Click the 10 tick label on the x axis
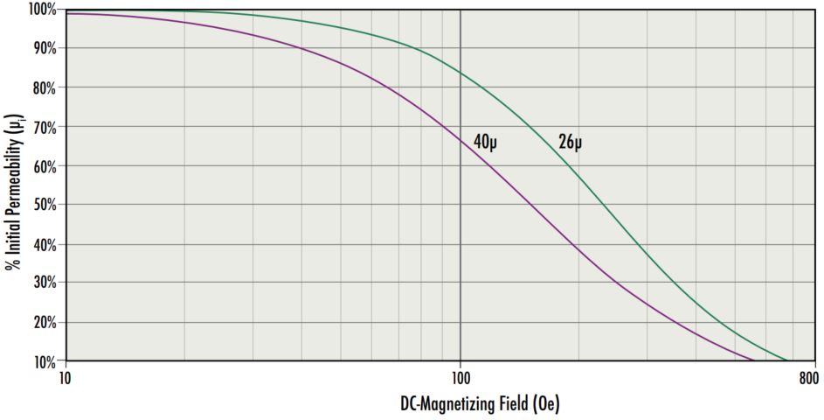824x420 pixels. pyautogui.click(x=65, y=378)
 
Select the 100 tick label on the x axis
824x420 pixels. pyautogui.click(x=460, y=378)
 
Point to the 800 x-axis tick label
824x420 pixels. pyautogui.click(x=808, y=378)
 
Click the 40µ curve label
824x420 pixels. pyautogui.click(x=486, y=141)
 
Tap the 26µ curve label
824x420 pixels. pyautogui.click(x=570, y=141)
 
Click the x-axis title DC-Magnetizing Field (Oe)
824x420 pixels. pyautogui.click(x=480, y=403)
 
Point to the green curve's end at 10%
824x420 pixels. pyautogui.click(x=786, y=360)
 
